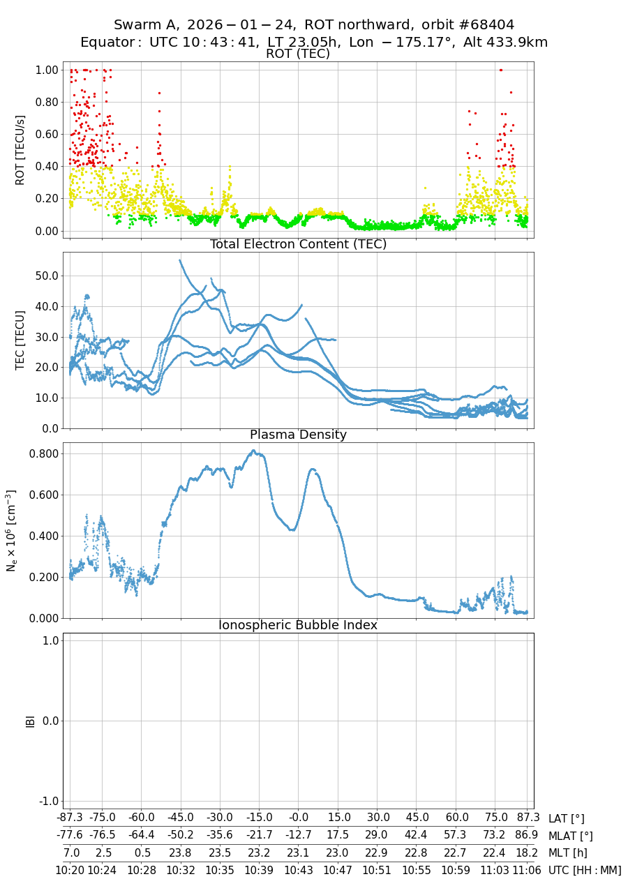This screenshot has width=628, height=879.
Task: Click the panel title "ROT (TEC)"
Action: pyautogui.click(x=298, y=54)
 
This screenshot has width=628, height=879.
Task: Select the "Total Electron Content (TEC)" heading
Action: pyautogui.click(x=298, y=244)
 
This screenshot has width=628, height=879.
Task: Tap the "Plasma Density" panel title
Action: pyautogui.click(x=298, y=435)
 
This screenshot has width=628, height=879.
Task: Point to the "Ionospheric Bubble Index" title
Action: pyautogui.click(x=298, y=625)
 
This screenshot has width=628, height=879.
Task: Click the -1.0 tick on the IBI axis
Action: pyautogui.click(x=47, y=800)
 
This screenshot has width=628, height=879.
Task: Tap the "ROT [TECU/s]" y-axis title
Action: pyautogui.click(x=20, y=150)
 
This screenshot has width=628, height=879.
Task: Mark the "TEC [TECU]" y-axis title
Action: pyautogui.click(x=20, y=340)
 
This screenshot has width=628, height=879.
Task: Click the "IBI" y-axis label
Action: pyautogui.click(x=30, y=721)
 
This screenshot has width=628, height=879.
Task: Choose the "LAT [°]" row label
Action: pyautogui.click(x=567, y=818)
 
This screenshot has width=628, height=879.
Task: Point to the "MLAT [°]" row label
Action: pyautogui.click(x=571, y=835)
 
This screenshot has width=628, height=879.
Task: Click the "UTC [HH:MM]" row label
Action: pyautogui.click(x=585, y=870)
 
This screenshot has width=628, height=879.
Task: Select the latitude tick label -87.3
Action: pyautogui.click(x=70, y=818)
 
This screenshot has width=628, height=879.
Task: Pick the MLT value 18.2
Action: pyautogui.click(x=528, y=852)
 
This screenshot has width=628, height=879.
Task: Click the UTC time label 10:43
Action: pyautogui.click(x=299, y=869)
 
